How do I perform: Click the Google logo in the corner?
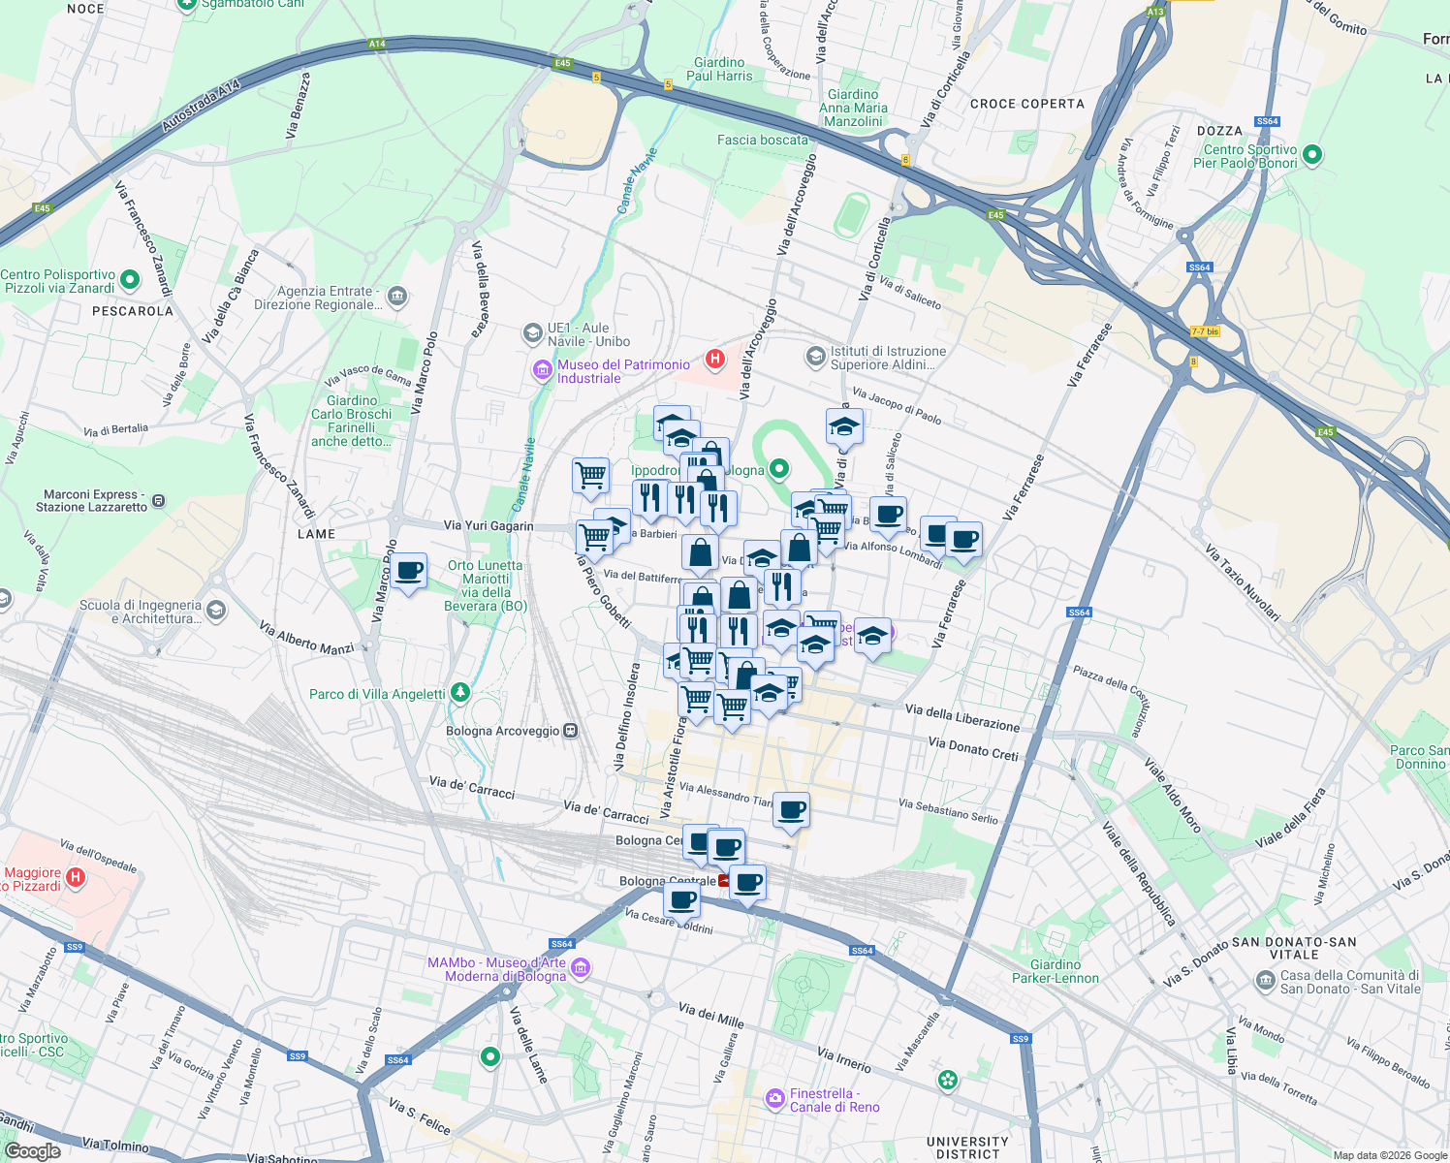point(32,1150)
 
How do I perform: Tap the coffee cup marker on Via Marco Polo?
point(409,571)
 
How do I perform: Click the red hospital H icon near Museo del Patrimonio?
point(715,360)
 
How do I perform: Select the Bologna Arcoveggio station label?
point(503,731)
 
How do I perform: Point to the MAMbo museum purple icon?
point(581,967)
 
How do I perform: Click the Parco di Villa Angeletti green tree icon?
point(461,693)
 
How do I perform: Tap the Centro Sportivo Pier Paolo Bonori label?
point(1248,156)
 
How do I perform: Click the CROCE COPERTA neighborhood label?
point(1026,104)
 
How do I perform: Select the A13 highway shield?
point(1154,12)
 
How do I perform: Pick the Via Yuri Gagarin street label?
point(489,525)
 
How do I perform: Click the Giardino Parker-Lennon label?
point(1055,971)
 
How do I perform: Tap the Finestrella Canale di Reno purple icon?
point(774,1098)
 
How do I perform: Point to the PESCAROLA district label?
point(132,311)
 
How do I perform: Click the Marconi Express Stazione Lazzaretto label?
point(91,500)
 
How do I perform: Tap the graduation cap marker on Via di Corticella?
point(844,427)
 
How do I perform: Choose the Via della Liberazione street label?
point(961,718)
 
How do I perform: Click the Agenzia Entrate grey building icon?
point(396,295)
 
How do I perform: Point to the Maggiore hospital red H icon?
point(76,878)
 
